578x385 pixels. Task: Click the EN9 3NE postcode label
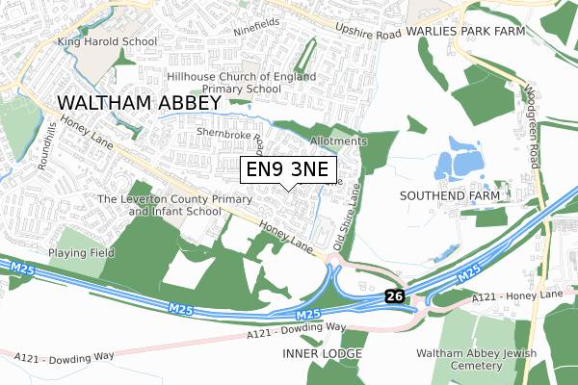pyautogui.click(x=290, y=170)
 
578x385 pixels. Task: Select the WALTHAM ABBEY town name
pyautogui.click(x=125, y=102)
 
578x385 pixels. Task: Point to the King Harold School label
pyautogui.click(x=106, y=42)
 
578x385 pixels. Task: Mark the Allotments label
pyautogui.click(x=339, y=141)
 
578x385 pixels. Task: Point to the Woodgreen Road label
pyautogui.click(x=530, y=96)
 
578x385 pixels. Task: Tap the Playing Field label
pyautogui.click(x=83, y=253)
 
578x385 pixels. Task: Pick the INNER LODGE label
pyautogui.click(x=323, y=353)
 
